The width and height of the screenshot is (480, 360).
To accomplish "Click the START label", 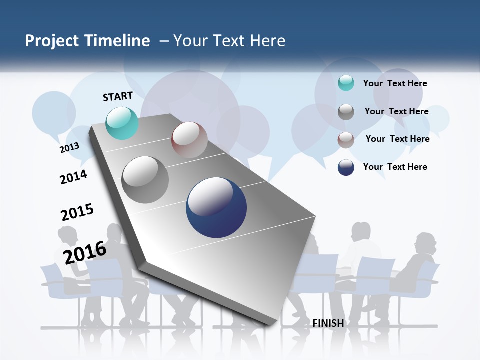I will (x=118, y=96).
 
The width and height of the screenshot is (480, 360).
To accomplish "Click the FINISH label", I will (x=328, y=323).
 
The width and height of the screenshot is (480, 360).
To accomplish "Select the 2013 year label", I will (x=69, y=148).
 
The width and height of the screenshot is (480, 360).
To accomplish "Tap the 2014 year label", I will (x=73, y=177).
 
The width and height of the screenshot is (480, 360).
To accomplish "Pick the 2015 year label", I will (x=77, y=212).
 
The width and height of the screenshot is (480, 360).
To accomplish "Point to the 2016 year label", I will (x=85, y=252).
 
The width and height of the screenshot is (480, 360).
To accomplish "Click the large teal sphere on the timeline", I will (x=122, y=123).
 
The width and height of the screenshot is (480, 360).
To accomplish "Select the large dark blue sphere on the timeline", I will (x=216, y=207).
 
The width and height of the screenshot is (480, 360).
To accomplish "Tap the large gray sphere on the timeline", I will (x=145, y=180).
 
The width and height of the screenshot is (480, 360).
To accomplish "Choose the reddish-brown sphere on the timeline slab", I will (x=189, y=140).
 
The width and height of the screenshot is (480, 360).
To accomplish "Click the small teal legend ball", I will (x=346, y=83).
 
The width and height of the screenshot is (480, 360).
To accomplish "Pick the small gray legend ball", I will (x=346, y=112).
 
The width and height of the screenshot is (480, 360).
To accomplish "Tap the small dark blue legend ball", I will (x=346, y=167).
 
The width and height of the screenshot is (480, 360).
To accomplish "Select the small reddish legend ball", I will (x=346, y=140).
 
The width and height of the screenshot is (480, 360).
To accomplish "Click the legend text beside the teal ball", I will (x=395, y=83).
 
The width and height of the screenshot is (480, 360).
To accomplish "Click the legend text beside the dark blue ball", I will (x=395, y=167).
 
